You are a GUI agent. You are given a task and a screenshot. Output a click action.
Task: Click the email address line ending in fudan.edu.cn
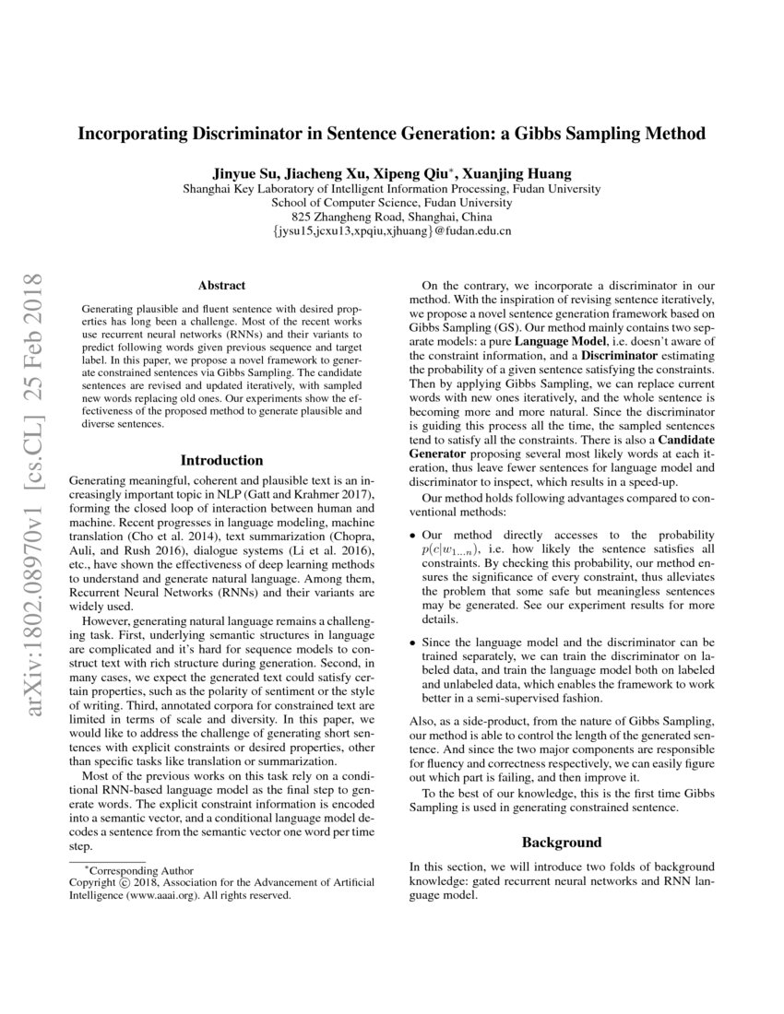[392, 231]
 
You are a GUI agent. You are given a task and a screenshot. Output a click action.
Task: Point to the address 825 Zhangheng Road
[392, 217]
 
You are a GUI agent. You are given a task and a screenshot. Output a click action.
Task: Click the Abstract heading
[221, 286]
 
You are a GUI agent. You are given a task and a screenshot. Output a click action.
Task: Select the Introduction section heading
[221, 460]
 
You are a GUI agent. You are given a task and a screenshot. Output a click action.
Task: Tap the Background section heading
[562, 842]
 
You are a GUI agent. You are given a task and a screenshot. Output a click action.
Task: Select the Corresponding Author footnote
[138, 868]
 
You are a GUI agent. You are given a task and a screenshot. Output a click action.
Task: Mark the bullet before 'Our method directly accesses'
[411, 535]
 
